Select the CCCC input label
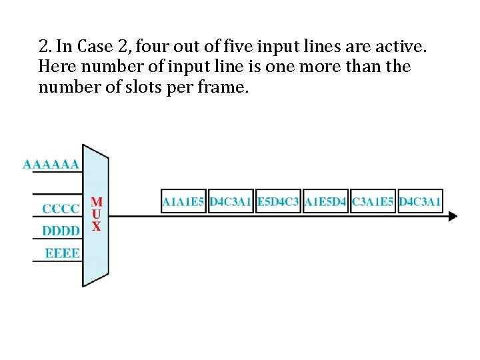(x=61, y=209)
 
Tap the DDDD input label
(x=61, y=231)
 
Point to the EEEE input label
(x=62, y=253)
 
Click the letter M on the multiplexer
(x=97, y=201)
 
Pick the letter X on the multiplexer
(x=97, y=227)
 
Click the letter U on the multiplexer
(x=97, y=214)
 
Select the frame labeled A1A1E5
(x=183, y=201)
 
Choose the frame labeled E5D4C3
(x=278, y=201)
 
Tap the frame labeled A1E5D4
(x=325, y=201)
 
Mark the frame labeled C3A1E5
(x=373, y=201)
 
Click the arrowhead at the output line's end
(x=453, y=216)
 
